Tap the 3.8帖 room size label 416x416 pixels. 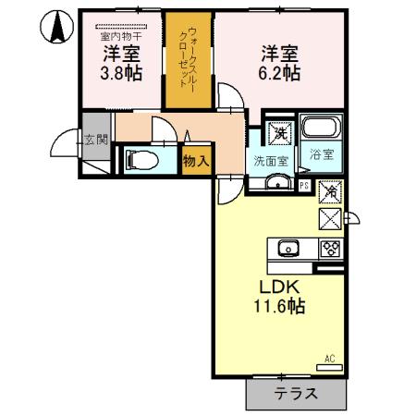[x=120, y=71]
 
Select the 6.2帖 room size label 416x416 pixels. [x=278, y=71]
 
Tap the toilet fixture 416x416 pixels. [x=141, y=158]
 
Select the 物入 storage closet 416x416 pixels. [x=196, y=160]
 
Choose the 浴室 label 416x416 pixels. [x=324, y=155]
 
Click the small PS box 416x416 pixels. [x=304, y=185]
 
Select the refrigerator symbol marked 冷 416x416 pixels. [x=330, y=193]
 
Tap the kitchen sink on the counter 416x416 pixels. [x=287, y=248]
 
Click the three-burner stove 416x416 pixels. [x=330, y=248]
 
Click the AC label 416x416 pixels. [x=330, y=358]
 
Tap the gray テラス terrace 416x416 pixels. [x=296, y=393]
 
